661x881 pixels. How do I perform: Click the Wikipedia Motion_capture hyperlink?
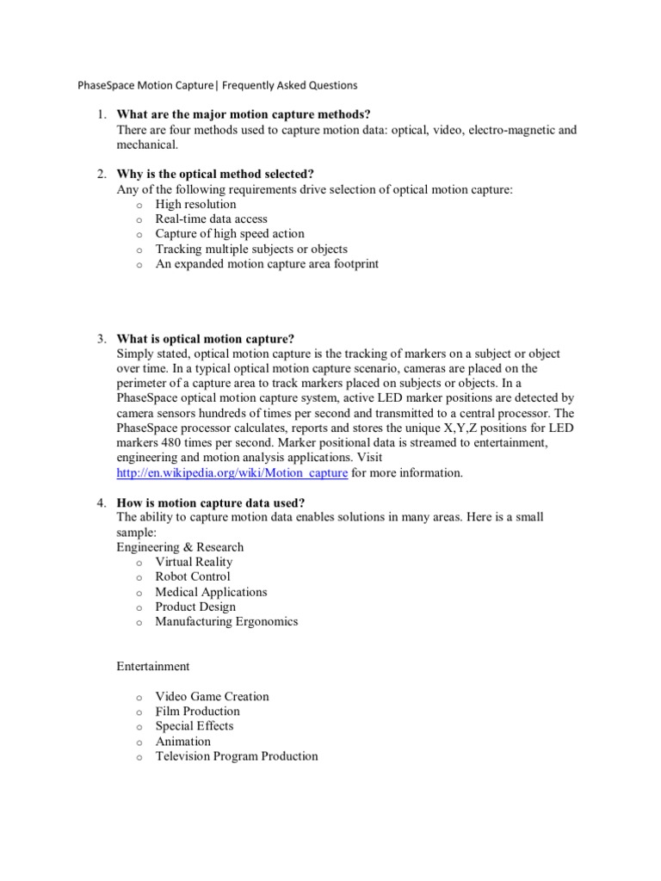pyautogui.click(x=232, y=472)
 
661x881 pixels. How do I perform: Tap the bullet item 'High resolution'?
pyautogui.click(x=195, y=204)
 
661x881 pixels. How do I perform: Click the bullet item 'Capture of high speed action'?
pyautogui.click(x=229, y=234)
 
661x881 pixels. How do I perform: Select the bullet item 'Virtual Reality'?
pyautogui.click(x=194, y=562)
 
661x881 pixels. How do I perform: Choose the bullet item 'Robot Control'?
pyautogui.click(x=193, y=576)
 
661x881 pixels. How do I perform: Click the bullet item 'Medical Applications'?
pyautogui.click(x=211, y=592)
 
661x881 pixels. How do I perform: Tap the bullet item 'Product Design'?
pyautogui.click(x=195, y=607)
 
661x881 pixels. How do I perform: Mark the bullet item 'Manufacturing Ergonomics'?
pyautogui.click(x=226, y=621)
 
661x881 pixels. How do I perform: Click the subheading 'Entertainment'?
pyautogui.click(x=153, y=666)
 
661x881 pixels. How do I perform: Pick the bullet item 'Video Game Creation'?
pyautogui.click(x=212, y=696)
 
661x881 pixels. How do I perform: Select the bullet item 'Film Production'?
pyautogui.click(x=197, y=712)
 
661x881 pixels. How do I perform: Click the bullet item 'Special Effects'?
pyautogui.click(x=194, y=726)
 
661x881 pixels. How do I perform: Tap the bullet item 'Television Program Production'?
pyautogui.click(x=236, y=756)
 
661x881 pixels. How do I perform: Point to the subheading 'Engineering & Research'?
pyautogui.click(x=180, y=547)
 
